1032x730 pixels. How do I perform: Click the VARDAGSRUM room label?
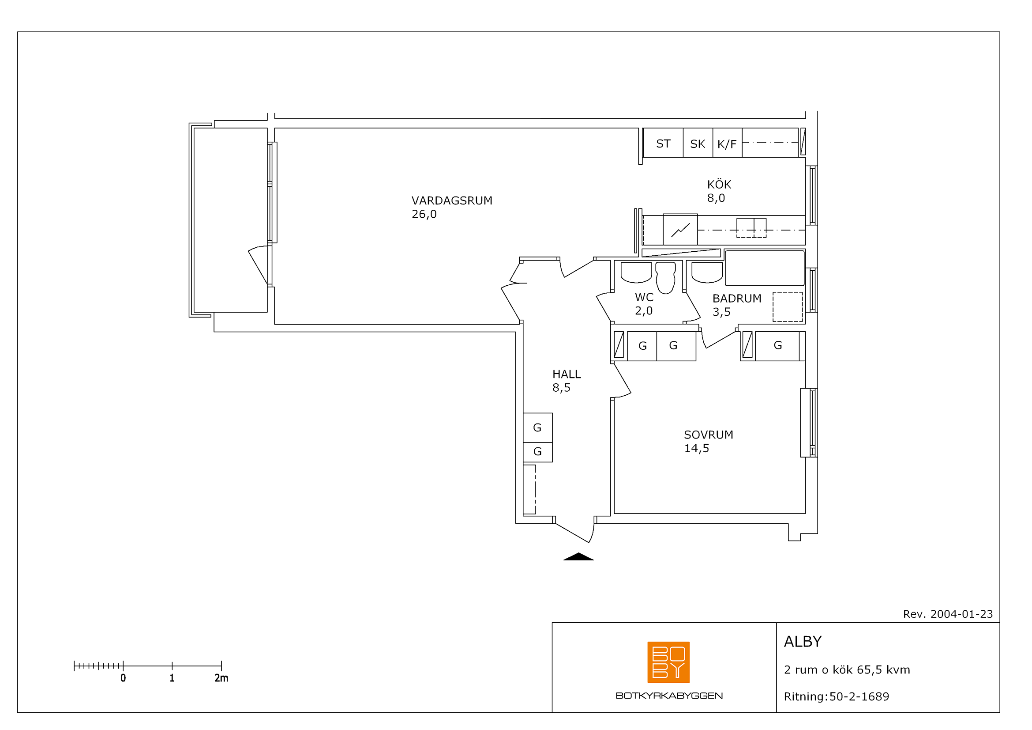tap(452, 200)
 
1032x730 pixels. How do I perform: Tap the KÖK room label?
tap(719, 185)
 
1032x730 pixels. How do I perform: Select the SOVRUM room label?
tap(709, 435)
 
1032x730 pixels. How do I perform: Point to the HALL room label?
tap(567, 374)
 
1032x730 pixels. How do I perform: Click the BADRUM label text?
tap(737, 299)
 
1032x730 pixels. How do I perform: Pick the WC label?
tap(644, 297)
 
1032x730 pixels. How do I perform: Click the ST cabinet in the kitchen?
tap(663, 143)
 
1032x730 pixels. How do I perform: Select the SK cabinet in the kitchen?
tap(698, 143)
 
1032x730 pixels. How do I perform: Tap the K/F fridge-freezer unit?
tap(727, 143)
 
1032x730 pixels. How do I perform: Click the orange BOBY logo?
tap(668, 662)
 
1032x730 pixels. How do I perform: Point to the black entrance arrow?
tap(578, 556)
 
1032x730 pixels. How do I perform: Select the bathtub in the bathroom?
tap(765, 268)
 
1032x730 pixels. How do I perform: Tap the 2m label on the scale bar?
tap(221, 678)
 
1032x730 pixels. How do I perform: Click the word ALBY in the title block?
tap(803, 642)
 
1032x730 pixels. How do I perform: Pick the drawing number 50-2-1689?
tap(859, 697)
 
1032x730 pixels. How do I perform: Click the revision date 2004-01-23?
tap(961, 614)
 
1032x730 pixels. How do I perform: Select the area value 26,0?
tap(424, 214)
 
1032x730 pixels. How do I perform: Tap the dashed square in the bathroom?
tap(788, 307)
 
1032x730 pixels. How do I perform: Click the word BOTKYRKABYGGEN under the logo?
tap(669, 696)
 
